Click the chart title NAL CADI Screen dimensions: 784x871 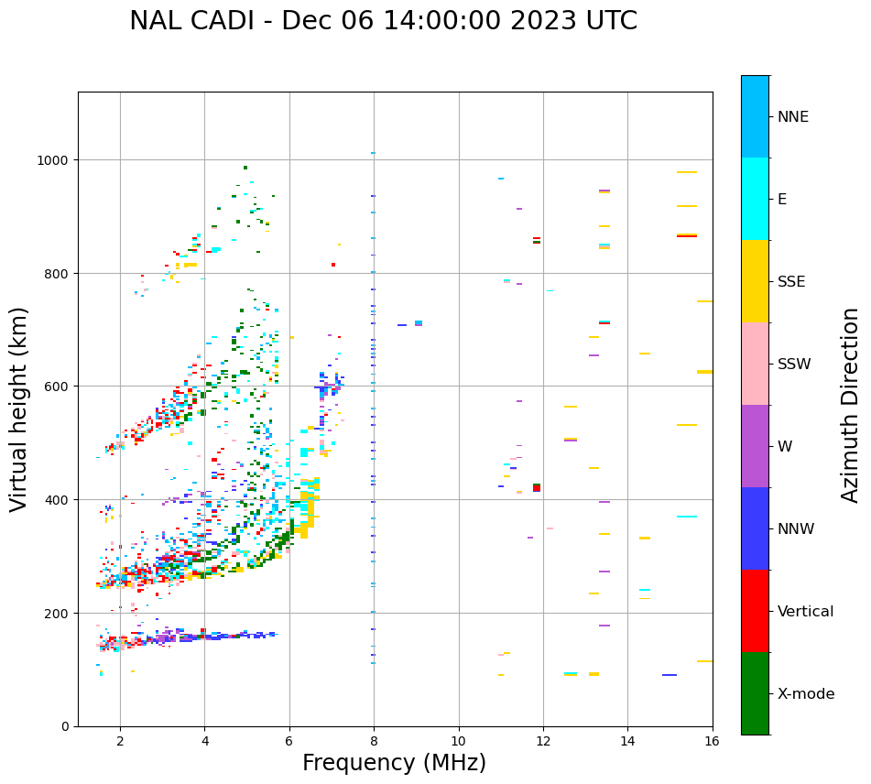[383, 21]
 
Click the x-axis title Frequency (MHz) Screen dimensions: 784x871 [394, 763]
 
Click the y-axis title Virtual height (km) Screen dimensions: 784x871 [19, 408]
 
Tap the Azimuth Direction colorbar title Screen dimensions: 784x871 [851, 404]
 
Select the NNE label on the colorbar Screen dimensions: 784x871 [793, 116]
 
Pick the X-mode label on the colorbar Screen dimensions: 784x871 [806, 694]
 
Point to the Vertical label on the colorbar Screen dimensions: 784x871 [806, 612]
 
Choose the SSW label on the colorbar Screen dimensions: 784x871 [794, 364]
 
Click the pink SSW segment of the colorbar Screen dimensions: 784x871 [755, 364]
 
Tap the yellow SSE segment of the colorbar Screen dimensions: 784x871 [755, 281]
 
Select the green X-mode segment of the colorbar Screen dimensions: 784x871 [755, 693]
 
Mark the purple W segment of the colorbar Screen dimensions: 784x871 [755, 446]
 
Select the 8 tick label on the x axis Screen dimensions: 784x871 [374, 741]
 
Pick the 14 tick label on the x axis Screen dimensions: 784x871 [627, 741]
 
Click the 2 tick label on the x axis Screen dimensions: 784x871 [120, 741]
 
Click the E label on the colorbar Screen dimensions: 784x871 [782, 199]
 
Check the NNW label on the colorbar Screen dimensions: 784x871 [796, 529]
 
